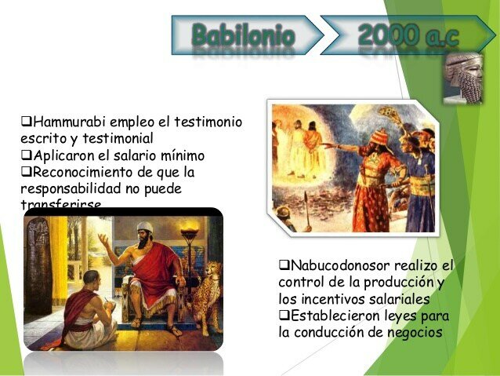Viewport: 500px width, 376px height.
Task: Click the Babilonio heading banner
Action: tap(243, 35)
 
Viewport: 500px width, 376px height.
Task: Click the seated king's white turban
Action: tap(145, 228)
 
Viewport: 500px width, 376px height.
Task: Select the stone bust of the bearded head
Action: tap(465, 77)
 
